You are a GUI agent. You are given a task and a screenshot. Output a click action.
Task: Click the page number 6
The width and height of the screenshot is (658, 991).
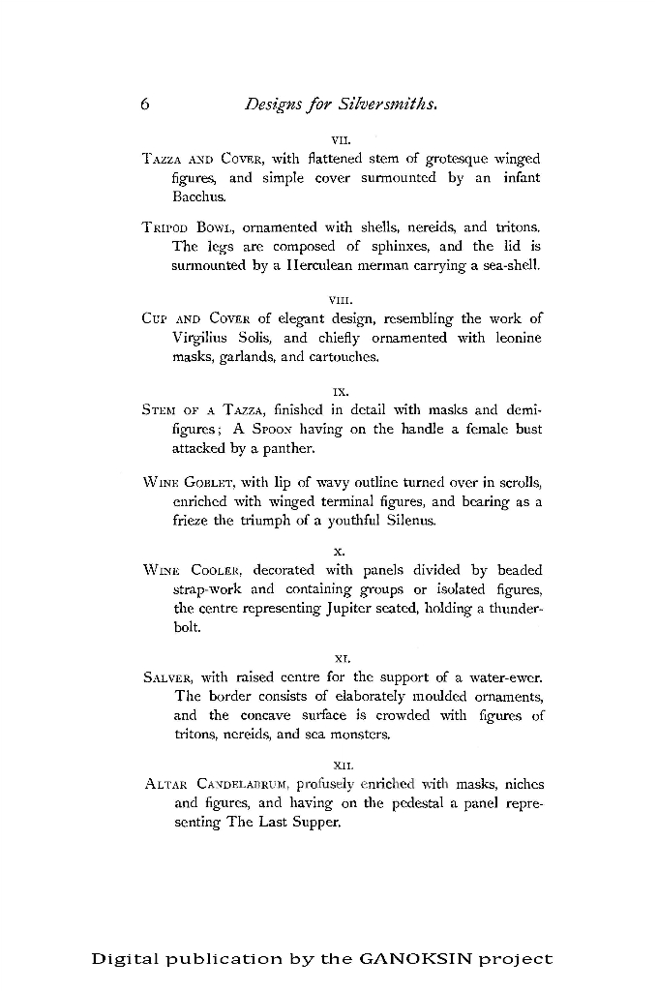click(x=143, y=105)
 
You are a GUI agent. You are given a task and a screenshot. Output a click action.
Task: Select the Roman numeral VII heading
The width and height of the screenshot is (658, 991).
click(x=340, y=138)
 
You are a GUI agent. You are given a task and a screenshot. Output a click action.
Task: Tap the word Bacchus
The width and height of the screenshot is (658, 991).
click(x=196, y=196)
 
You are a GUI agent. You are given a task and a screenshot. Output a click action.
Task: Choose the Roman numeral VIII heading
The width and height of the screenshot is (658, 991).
click(x=340, y=300)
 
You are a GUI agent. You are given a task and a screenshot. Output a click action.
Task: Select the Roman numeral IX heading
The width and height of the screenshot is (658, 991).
click(x=340, y=393)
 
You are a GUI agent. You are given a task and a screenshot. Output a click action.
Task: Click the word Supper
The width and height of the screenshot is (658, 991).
click(x=315, y=821)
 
